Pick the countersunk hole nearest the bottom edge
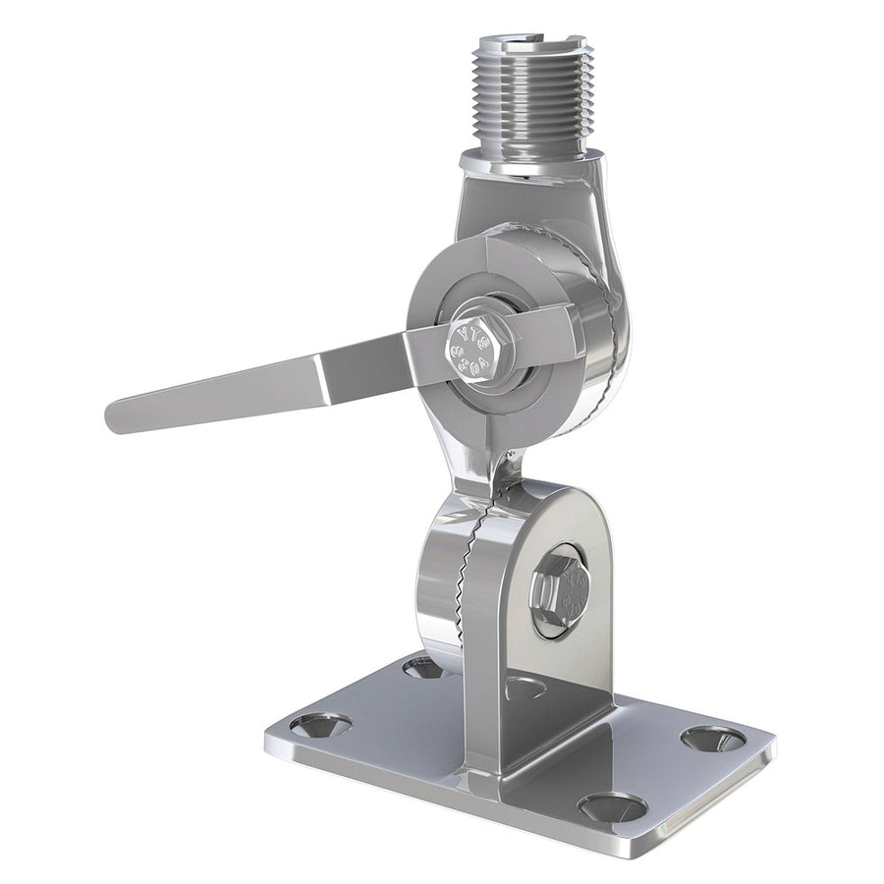[611, 807]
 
